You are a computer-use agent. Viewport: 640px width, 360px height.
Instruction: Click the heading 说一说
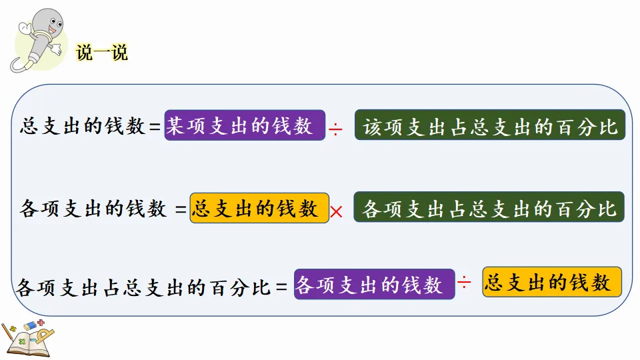(x=101, y=53)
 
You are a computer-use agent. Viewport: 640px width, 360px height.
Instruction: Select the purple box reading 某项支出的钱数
(x=245, y=125)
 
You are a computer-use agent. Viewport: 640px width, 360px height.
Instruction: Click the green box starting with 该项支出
(x=490, y=125)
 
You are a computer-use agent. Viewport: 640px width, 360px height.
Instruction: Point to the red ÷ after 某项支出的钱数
(x=336, y=128)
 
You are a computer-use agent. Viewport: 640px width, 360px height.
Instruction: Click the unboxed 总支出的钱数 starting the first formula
(x=83, y=127)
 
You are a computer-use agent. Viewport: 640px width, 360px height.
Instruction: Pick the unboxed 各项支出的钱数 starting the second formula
(x=93, y=209)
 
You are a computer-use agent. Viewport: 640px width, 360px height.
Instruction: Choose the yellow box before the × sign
(x=259, y=208)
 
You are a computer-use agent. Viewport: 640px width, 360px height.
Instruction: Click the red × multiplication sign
(x=337, y=212)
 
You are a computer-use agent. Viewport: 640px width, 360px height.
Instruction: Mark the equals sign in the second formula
(x=181, y=210)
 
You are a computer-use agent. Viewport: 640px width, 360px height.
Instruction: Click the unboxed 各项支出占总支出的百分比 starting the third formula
(x=143, y=288)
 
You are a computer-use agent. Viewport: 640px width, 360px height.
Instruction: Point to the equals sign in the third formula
(x=282, y=288)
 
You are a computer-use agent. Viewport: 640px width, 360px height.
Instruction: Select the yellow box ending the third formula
(x=551, y=282)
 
